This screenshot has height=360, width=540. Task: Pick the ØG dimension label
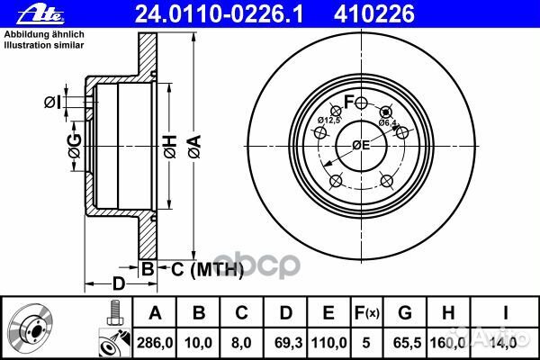coord(75,140)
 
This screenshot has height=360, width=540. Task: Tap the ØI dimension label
coord(51,103)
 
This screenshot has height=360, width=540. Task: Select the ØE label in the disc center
coord(361,145)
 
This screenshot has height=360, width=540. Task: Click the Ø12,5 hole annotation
coord(329,121)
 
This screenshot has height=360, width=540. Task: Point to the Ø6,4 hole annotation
coord(387,121)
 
